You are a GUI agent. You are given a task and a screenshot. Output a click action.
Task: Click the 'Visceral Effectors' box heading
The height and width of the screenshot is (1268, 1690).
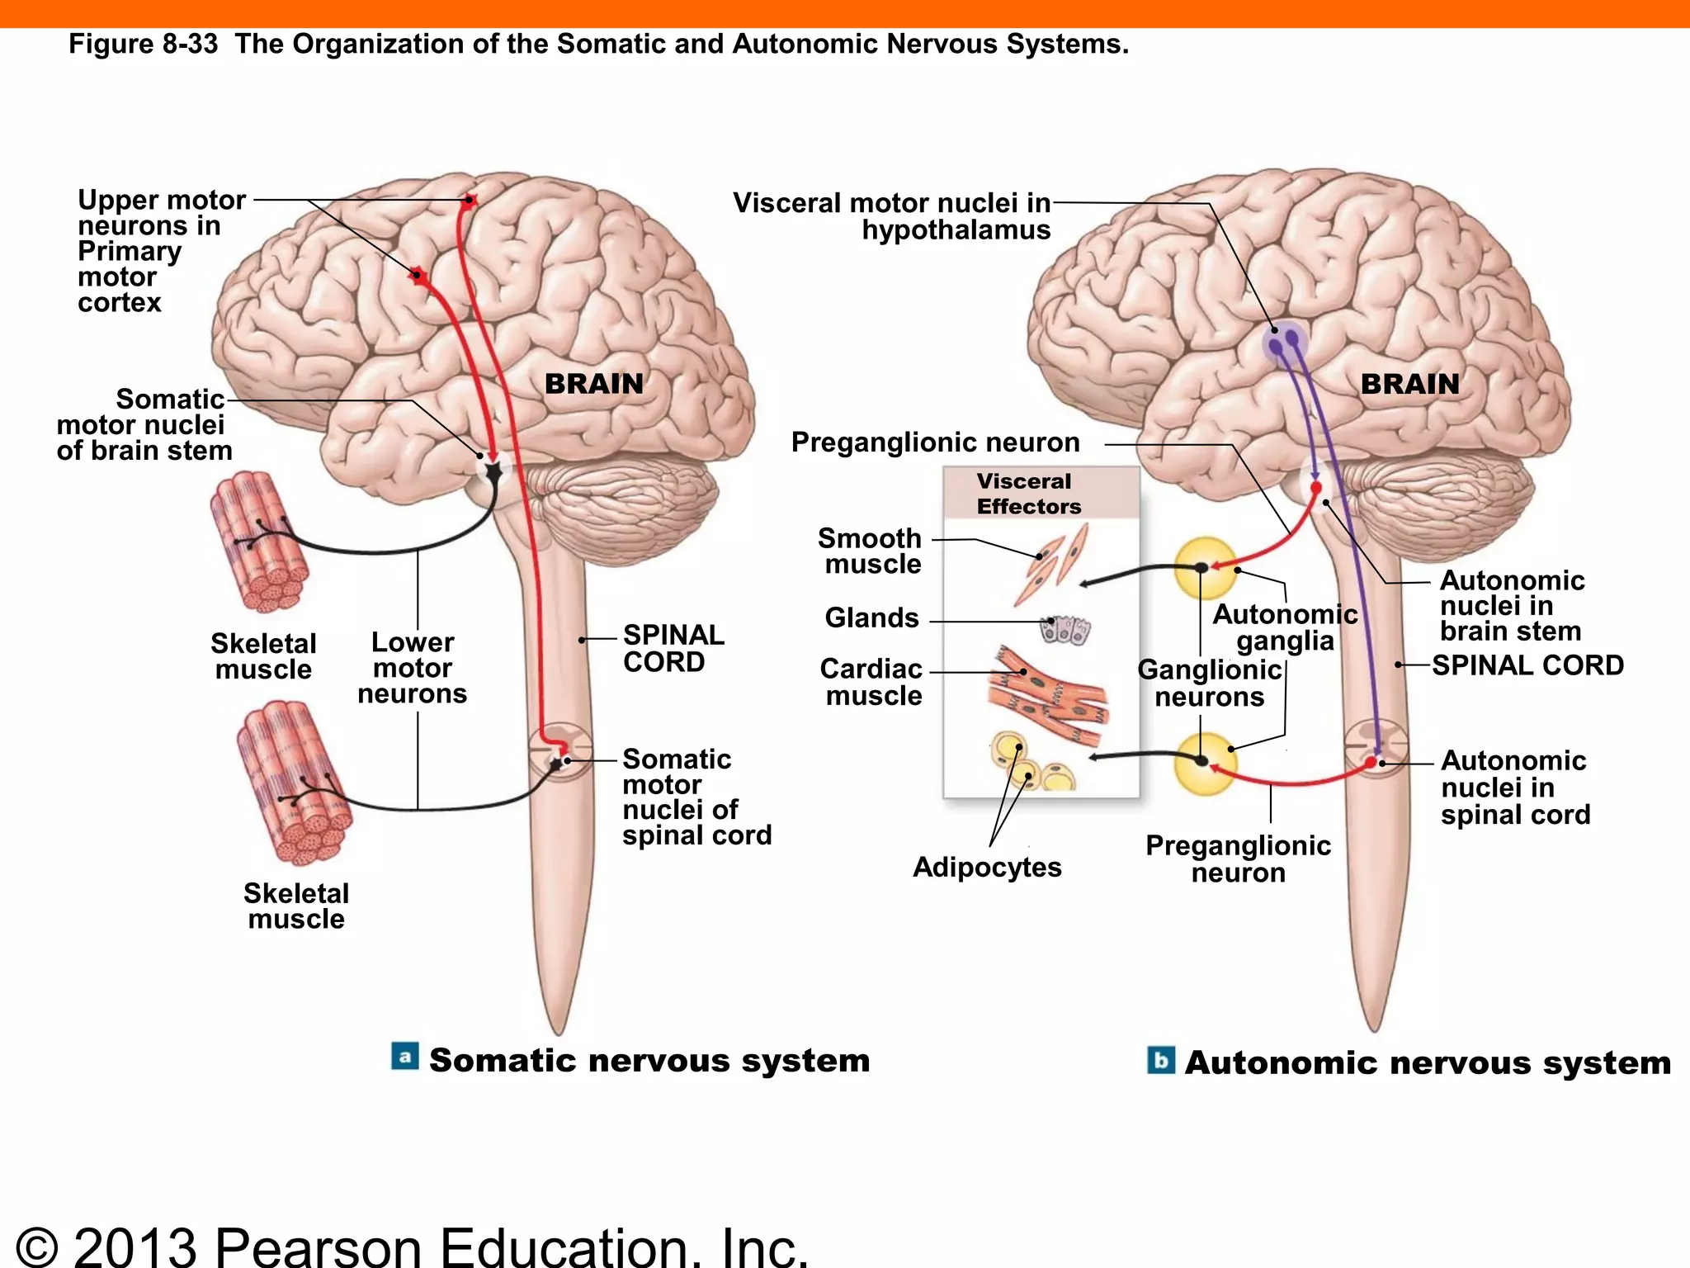(x=1028, y=494)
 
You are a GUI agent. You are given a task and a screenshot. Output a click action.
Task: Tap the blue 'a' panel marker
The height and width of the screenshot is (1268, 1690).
(x=404, y=1057)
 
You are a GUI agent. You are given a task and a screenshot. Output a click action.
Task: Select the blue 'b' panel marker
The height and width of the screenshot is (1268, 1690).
(x=1160, y=1060)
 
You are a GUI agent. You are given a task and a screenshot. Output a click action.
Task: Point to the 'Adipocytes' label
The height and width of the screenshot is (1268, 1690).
(x=987, y=867)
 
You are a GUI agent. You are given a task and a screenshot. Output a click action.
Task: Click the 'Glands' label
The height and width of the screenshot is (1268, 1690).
(x=871, y=617)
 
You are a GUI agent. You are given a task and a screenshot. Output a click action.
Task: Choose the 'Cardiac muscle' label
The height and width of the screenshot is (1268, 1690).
(x=871, y=682)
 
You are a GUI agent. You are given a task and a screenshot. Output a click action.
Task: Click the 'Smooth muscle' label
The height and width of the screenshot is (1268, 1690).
(x=871, y=551)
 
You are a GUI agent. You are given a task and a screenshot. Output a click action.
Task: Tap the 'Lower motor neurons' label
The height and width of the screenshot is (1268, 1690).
(x=413, y=668)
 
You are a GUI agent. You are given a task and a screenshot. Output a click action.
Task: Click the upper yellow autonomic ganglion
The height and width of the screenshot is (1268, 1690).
(x=1206, y=567)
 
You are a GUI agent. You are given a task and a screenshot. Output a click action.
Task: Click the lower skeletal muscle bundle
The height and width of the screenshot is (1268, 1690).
(x=295, y=780)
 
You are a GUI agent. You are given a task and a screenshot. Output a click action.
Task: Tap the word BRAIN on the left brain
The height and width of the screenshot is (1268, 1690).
(x=594, y=384)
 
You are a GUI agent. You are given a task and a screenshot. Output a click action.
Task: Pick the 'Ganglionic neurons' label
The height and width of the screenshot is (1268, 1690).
(x=1210, y=683)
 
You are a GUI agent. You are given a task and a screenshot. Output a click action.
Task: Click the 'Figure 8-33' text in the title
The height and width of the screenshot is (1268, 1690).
(x=143, y=44)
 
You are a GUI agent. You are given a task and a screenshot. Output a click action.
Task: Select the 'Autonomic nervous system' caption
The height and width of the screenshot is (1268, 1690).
(x=1428, y=1062)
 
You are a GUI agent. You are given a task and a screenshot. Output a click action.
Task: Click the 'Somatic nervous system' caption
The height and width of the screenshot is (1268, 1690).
(x=649, y=1060)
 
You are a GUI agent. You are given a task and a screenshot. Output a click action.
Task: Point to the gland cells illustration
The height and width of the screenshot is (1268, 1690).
(x=1065, y=630)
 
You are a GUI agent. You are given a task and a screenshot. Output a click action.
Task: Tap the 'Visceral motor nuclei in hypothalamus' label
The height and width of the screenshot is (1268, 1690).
(x=893, y=215)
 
